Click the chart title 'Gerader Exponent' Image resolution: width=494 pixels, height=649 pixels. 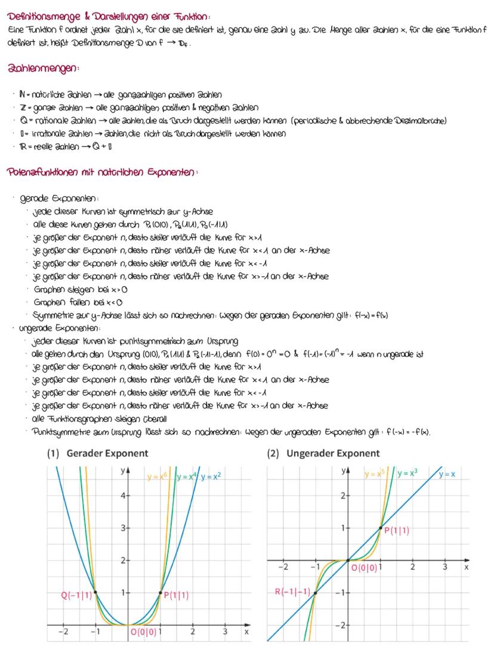pyautogui.click(x=107, y=454)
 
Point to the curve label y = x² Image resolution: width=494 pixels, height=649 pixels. pyautogui.click(x=211, y=476)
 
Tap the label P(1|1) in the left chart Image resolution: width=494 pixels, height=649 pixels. pyautogui.click(x=177, y=595)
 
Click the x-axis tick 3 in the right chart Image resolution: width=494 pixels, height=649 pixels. pyautogui.click(x=444, y=567)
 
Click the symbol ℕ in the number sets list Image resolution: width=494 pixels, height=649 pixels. pyautogui.click(x=21, y=95)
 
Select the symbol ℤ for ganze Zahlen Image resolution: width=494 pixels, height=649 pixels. pyautogui.click(x=21, y=108)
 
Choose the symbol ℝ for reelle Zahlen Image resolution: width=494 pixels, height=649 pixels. pyautogui.click(x=22, y=146)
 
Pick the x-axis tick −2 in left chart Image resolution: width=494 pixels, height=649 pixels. pyautogui.click(x=63, y=632)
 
